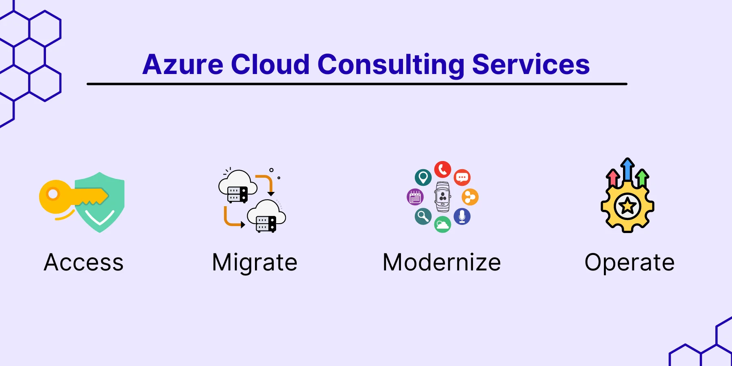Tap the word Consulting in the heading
point(390,65)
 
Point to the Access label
point(84,262)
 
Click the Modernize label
point(442,262)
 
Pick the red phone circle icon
point(442,170)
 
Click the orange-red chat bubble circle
point(462,177)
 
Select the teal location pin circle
point(423,177)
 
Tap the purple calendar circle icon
point(415,197)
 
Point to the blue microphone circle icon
point(462,216)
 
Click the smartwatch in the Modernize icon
point(442,197)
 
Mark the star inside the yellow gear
point(627,206)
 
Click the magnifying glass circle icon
point(423,216)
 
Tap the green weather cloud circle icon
point(442,224)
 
